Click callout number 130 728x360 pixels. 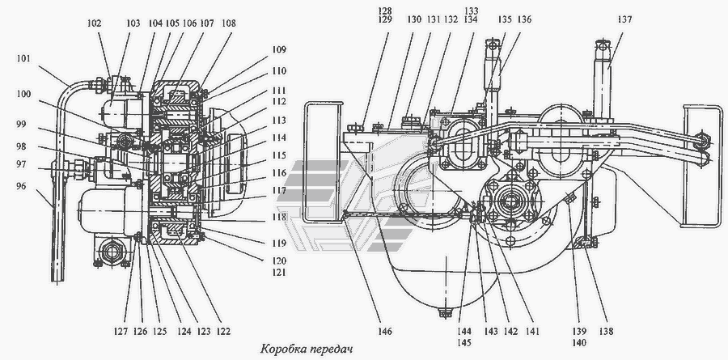click(x=392, y=19)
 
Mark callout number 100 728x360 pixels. click(x=22, y=95)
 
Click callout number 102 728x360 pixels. click(x=95, y=23)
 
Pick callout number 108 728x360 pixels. click(x=228, y=23)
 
